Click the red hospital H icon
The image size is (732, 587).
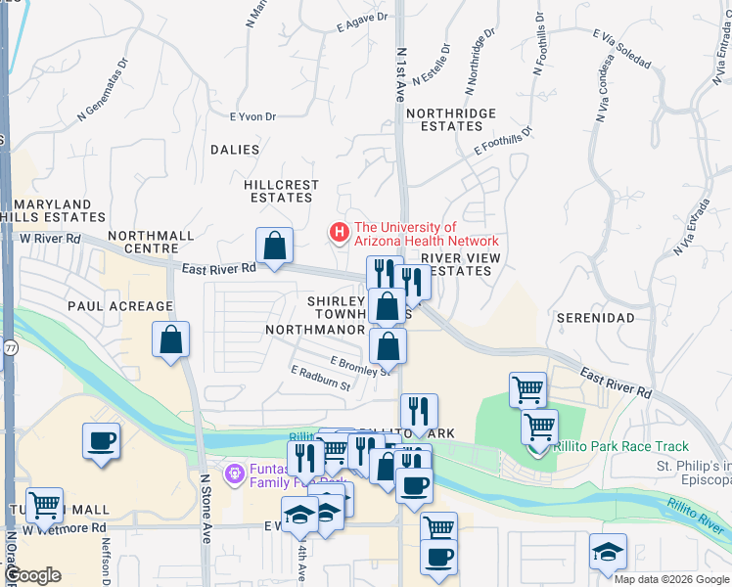pyautogui.click(x=339, y=233)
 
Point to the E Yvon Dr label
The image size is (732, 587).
pyautogui.click(x=253, y=116)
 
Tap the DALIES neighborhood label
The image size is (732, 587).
pyautogui.click(x=235, y=150)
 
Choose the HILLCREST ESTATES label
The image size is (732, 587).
pyautogui.click(x=282, y=191)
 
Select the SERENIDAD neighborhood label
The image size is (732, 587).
pyautogui.click(x=595, y=318)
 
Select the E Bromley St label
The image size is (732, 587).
pyautogui.click(x=360, y=365)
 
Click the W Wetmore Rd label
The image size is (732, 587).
pyautogui.click(x=65, y=528)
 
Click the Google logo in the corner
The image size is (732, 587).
pyautogui.click(x=33, y=575)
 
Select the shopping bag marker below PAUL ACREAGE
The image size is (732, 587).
pyautogui.click(x=170, y=340)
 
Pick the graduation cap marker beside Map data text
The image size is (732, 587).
pyautogui.click(x=608, y=552)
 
